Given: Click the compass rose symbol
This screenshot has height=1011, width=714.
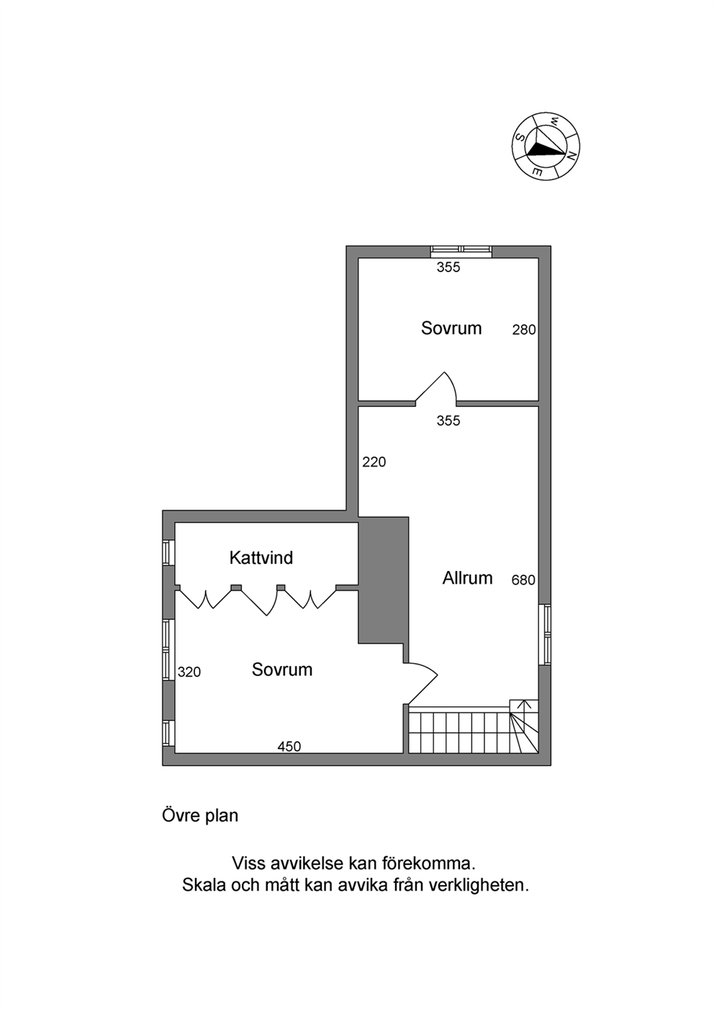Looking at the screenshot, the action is [x=546, y=147].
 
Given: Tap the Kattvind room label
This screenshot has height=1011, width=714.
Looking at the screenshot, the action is [x=261, y=558].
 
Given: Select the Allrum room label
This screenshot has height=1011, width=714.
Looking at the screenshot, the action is [x=467, y=578].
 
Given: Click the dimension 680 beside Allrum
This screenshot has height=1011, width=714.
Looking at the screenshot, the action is [x=523, y=580].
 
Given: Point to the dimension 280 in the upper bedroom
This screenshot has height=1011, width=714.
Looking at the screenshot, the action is [x=524, y=330].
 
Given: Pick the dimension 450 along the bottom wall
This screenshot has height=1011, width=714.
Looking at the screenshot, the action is [x=289, y=747].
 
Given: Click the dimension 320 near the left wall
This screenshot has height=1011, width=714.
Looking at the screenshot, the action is [x=189, y=672].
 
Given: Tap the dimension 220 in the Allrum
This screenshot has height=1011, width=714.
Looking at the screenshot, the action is [x=374, y=462].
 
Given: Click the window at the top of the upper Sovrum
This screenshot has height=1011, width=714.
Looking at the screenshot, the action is [x=461, y=252].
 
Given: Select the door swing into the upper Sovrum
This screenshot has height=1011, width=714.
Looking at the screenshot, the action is [x=436, y=387].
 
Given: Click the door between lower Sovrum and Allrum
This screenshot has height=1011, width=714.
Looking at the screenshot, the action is [x=420, y=684].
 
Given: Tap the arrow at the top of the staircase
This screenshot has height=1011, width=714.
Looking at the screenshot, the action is [x=524, y=706].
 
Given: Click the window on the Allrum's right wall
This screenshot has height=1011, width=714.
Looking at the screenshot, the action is [x=545, y=634].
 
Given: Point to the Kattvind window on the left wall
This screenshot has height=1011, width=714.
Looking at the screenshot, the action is [x=168, y=552].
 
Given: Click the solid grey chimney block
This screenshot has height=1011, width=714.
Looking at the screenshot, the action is [x=384, y=580].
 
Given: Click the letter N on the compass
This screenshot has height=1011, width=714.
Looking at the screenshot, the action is [x=571, y=156].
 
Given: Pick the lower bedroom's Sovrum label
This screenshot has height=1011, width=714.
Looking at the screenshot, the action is [x=282, y=670].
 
